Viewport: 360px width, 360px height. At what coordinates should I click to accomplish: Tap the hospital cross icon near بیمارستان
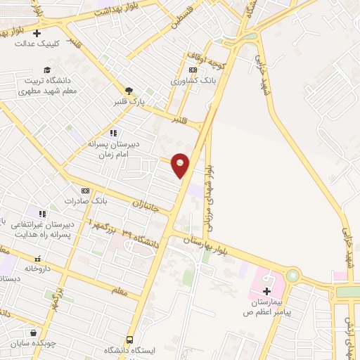267,291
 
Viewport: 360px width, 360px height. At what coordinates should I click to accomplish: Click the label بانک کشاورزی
191,81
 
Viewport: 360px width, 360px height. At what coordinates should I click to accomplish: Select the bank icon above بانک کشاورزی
193,70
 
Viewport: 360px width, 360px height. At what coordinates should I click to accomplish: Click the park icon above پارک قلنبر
129,90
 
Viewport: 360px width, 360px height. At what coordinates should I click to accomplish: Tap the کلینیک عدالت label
35,43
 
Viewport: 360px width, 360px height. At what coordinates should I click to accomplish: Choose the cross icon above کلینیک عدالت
37,32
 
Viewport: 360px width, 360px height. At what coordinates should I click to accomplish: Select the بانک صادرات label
85,201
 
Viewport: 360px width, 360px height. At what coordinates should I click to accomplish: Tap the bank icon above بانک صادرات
86,191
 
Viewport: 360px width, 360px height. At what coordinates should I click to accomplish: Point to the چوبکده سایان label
32,345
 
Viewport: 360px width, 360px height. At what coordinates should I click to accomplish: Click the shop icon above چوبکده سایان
33,333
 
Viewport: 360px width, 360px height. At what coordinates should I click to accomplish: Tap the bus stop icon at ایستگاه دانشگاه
129,340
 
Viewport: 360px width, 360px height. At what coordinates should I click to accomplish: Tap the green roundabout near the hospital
292,276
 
